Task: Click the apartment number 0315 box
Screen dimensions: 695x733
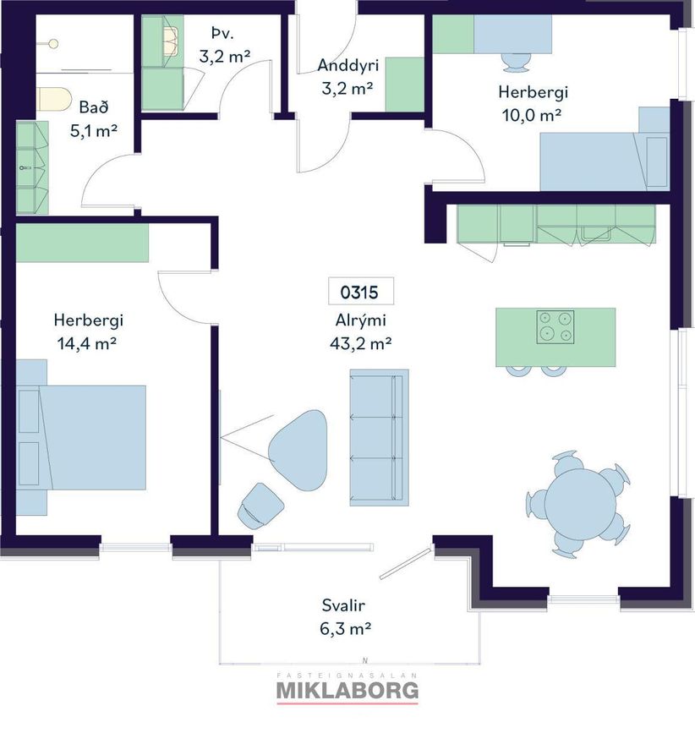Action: (x=361, y=291)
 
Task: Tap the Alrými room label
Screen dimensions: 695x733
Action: (x=361, y=320)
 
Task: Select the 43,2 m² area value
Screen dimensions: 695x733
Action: (x=361, y=343)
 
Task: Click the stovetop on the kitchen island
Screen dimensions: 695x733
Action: (x=555, y=327)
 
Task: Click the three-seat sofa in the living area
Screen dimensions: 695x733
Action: (x=379, y=438)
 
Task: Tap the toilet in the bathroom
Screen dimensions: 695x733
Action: (x=53, y=99)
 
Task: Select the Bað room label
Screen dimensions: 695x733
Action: (x=94, y=107)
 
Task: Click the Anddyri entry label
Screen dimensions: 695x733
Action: (x=347, y=65)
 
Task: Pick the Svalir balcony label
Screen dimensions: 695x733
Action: (x=343, y=605)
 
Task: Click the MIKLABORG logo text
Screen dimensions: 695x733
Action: (x=347, y=691)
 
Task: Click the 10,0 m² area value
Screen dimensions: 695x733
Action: (x=532, y=115)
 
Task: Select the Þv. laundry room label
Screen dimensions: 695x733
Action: (x=222, y=33)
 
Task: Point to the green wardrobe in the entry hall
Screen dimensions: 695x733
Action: (x=404, y=85)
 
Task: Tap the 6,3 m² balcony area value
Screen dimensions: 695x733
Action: (x=346, y=629)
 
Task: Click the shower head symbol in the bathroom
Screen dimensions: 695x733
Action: (x=54, y=44)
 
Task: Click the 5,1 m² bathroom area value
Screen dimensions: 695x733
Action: (x=94, y=131)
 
